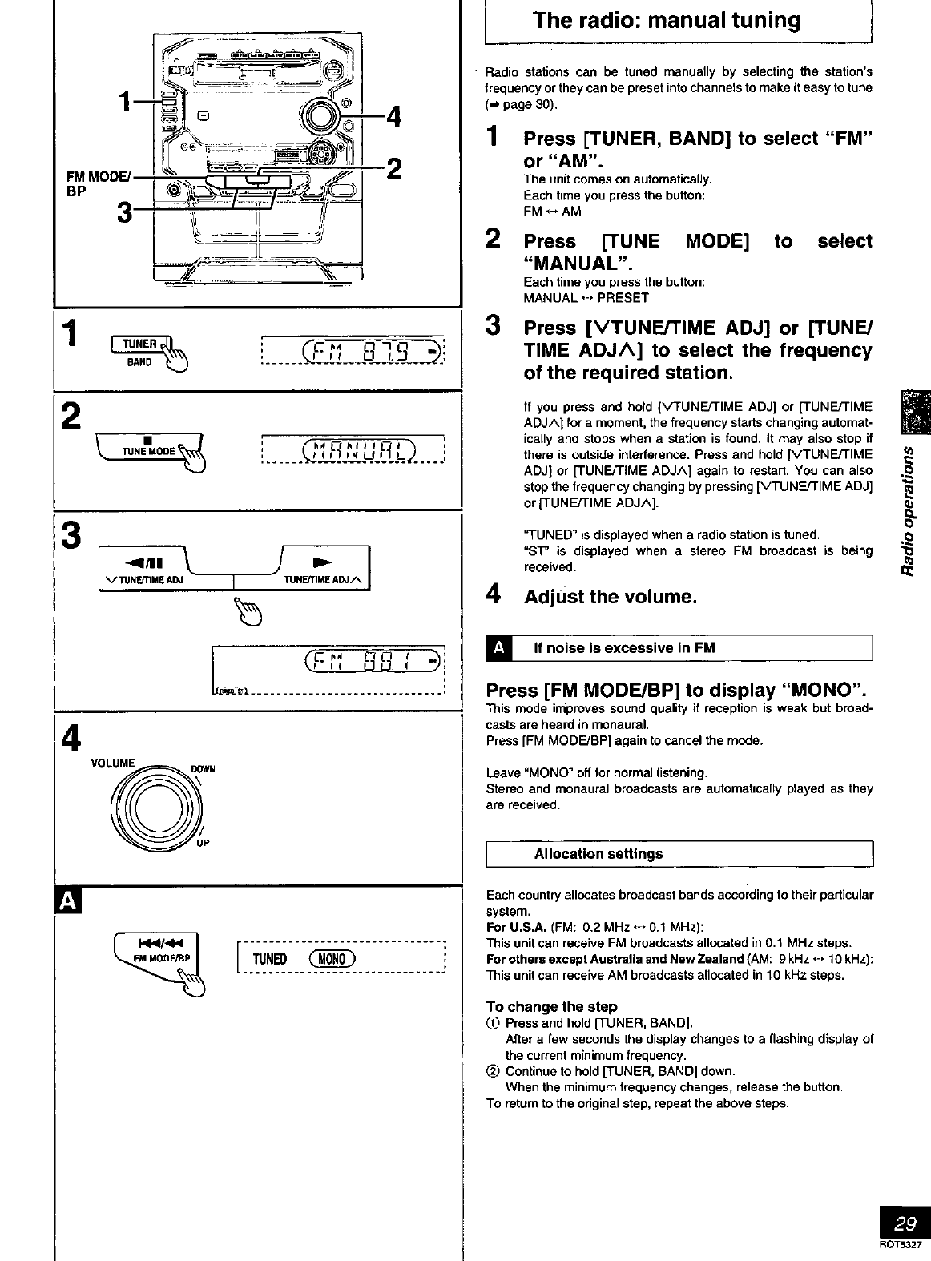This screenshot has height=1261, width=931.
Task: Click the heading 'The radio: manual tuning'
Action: coord(667,21)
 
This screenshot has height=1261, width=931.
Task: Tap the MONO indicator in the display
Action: coord(332,959)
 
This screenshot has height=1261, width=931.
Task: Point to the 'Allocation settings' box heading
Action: coord(598,854)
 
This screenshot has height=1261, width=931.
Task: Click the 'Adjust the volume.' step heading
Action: coord(610,597)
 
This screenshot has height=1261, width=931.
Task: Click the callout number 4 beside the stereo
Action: coord(393,118)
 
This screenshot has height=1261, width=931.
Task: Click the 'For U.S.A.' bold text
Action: coord(516,927)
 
